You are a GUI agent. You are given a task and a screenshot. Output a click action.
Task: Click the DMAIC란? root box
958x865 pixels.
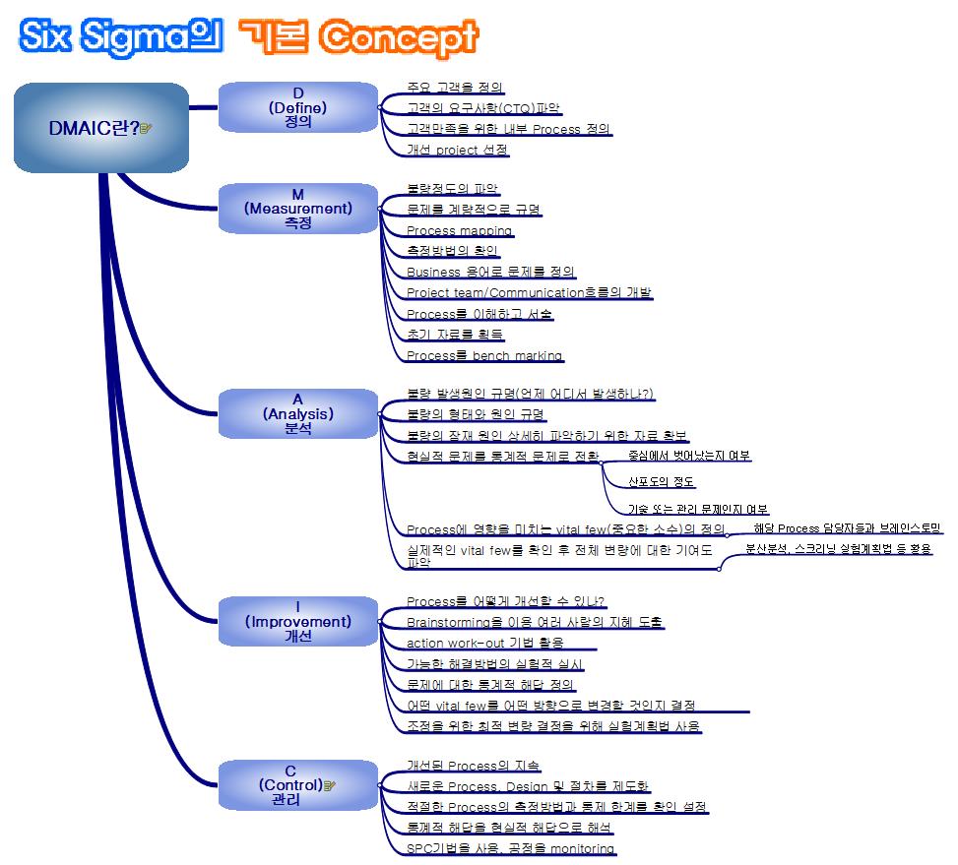[x=100, y=127]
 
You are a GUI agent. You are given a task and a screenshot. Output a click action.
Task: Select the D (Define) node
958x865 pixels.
[x=297, y=108]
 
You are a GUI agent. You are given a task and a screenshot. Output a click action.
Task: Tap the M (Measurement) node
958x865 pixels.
[x=297, y=209]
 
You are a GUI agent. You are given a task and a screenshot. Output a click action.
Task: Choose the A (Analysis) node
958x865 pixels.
[x=297, y=414]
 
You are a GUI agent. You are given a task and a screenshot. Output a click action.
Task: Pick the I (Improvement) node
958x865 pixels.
[x=297, y=621]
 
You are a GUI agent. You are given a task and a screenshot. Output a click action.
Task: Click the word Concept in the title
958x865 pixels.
[x=399, y=37]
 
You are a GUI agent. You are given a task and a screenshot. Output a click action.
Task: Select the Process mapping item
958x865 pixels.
[x=459, y=230]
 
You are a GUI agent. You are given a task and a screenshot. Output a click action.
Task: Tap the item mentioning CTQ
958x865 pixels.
[x=483, y=108]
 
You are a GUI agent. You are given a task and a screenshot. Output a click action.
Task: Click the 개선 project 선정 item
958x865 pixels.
[x=457, y=151]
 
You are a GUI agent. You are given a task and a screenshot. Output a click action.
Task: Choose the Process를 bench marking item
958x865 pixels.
[x=483, y=355]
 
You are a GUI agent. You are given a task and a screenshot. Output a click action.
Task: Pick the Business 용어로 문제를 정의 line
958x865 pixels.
[x=490, y=272]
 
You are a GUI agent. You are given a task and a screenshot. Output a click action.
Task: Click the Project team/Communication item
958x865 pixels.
[x=529, y=292]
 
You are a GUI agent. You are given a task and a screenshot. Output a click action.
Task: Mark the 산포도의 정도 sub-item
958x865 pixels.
[x=661, y=482]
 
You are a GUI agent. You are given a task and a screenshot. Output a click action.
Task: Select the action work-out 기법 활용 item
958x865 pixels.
[x=484, y=643]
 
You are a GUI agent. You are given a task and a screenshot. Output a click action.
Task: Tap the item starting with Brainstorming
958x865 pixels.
[x=534, y=622]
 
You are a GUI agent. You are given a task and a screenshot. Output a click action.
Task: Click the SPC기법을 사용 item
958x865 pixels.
[x=510, y=848]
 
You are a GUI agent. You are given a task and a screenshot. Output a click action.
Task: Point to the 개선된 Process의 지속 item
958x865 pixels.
[x=473, y=765]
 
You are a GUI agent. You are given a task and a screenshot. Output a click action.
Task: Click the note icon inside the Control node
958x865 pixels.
[x=330, y=785]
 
